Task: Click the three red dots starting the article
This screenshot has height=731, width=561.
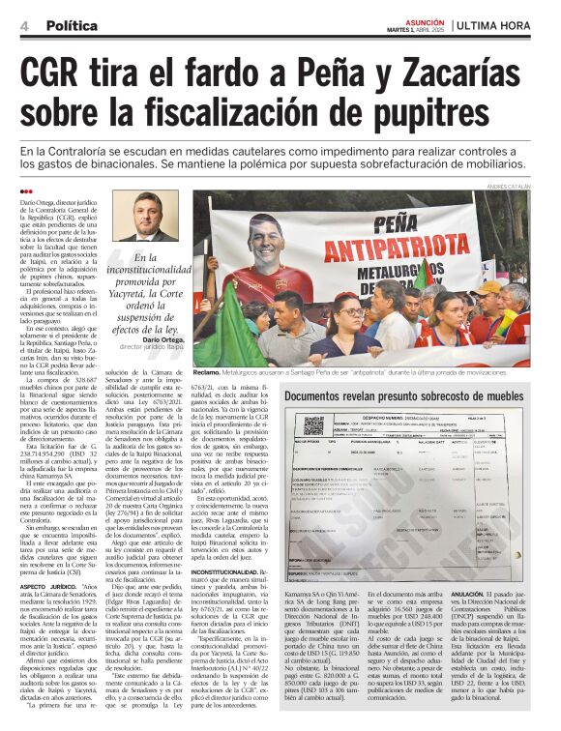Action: [26, 192]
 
